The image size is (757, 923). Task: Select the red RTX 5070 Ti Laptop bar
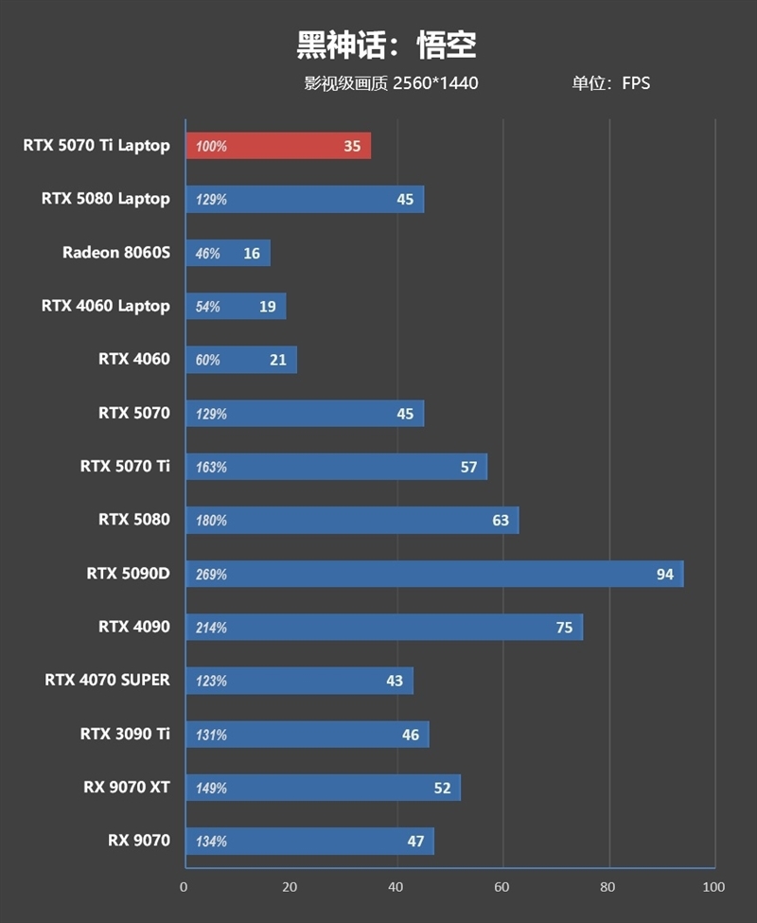coord(278,146)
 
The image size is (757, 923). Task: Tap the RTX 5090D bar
coord(434,574)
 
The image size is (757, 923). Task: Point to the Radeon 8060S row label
coord(116,253)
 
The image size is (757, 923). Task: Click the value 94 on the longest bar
coord(664,575)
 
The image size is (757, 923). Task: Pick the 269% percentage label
coord(211,575)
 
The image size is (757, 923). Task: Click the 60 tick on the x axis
coord(503,887)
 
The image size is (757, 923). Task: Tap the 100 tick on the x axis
coord(713,887)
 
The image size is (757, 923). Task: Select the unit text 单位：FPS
coord(610,83)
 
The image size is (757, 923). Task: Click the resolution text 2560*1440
coord(435,83)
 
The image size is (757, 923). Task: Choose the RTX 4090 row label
coord(134,627)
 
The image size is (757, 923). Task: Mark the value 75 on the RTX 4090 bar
coord(564,628)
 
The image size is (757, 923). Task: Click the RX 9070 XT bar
coord(323,788)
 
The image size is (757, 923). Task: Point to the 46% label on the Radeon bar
coord(207,254)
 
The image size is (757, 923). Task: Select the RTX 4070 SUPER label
coord(108,681)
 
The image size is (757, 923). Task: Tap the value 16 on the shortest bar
coord(251,254)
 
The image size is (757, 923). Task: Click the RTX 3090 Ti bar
coord(307,735)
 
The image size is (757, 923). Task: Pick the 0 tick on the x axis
coord(185,887)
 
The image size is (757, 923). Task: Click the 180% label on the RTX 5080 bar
coord(211,521)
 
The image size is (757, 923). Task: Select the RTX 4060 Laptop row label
coord(106,306)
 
